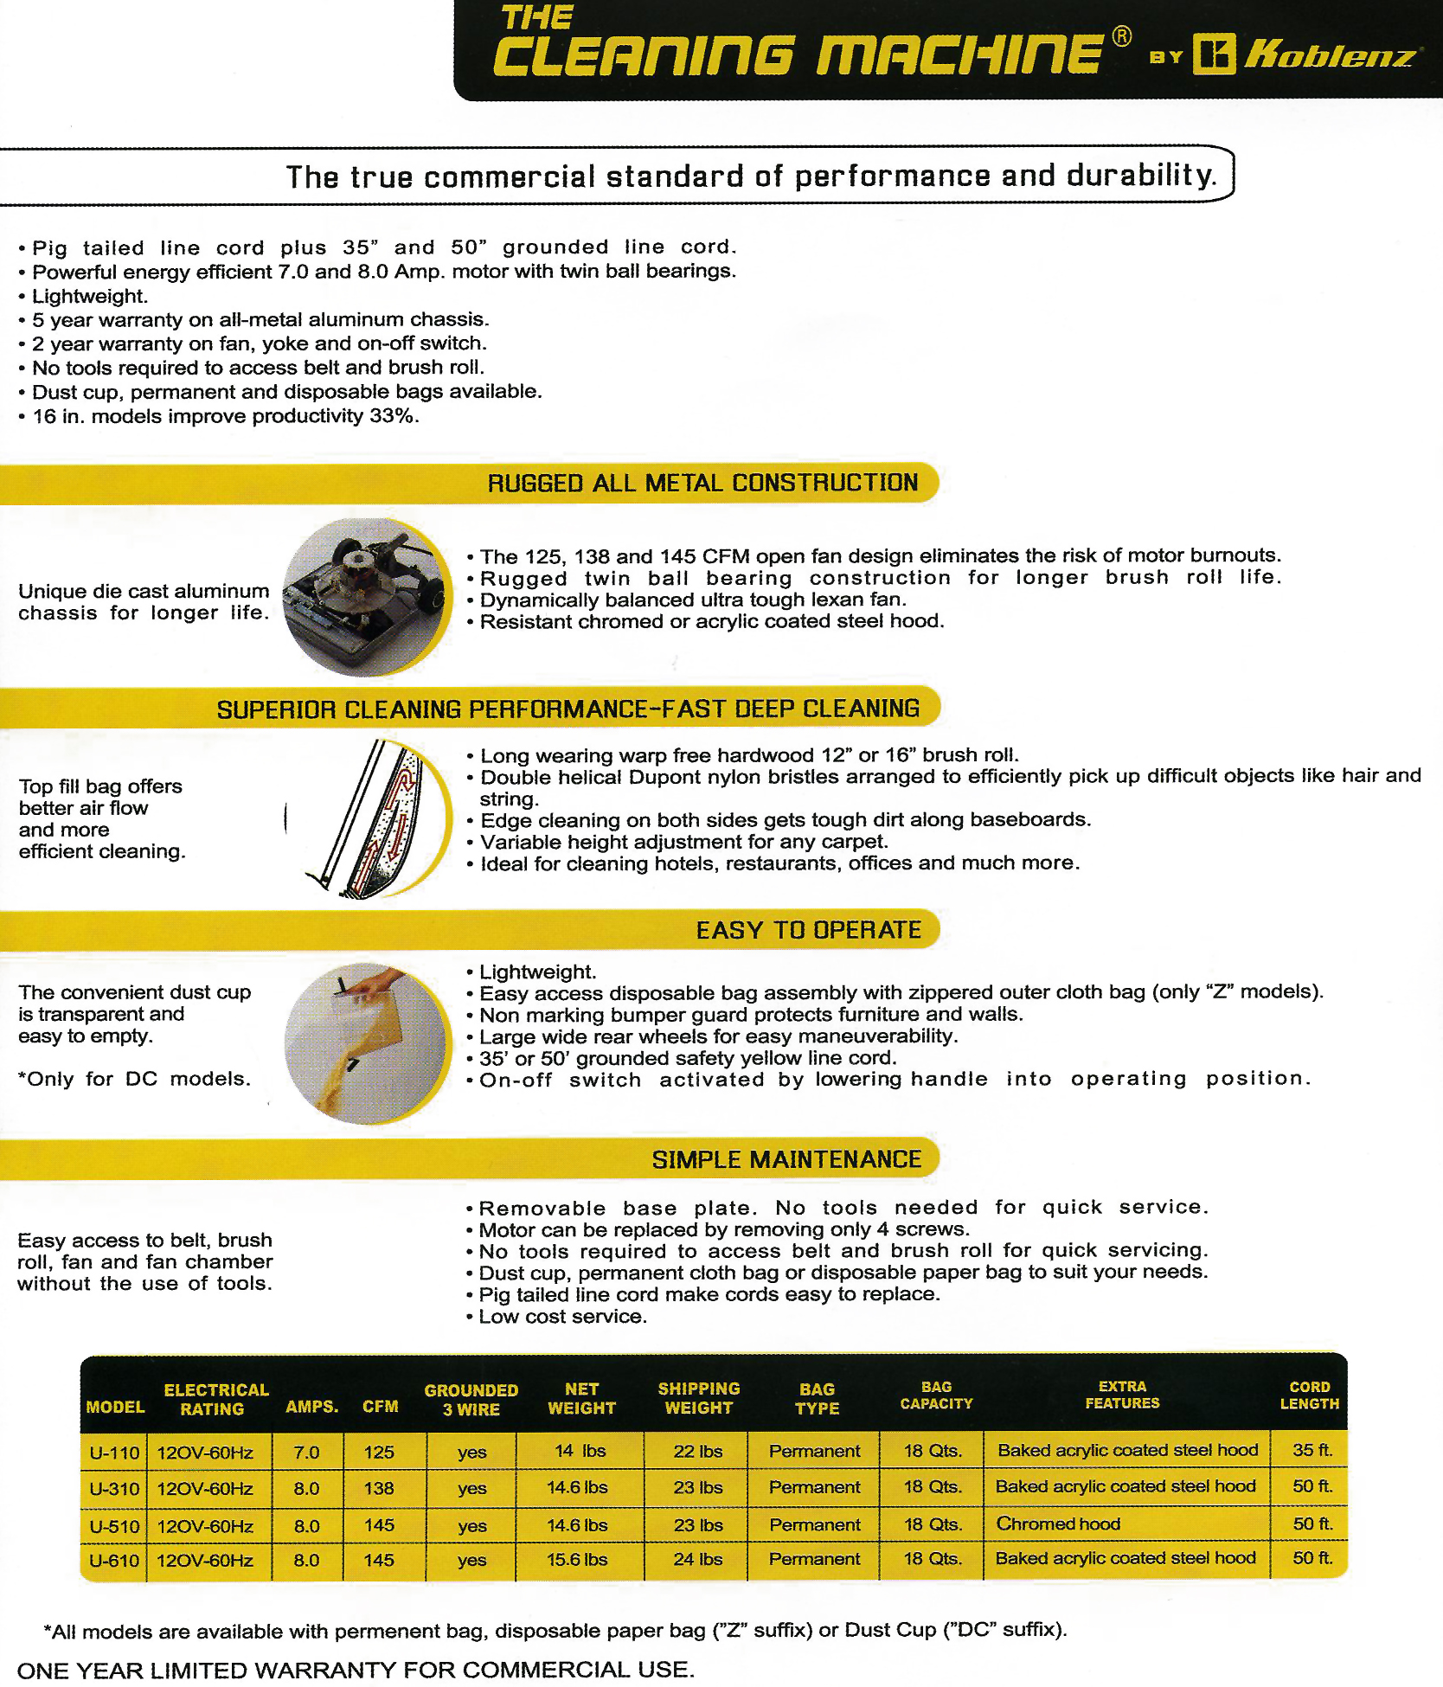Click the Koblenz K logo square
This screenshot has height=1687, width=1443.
pos(1214,55)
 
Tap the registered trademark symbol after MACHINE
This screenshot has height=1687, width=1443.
pos(1121,36)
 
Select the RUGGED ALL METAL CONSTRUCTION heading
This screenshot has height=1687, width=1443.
pos(702,483)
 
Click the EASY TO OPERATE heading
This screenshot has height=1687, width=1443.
pos(809,930)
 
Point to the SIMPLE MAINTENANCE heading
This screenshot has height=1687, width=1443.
pos(786,1159)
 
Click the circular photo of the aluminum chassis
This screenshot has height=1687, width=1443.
pos(368,597)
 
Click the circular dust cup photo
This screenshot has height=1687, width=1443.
pos(368,1043)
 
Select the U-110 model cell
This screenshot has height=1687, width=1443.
pos(114,1453)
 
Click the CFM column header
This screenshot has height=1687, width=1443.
pos(381,1406)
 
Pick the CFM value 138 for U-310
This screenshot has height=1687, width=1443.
pos(379,1488)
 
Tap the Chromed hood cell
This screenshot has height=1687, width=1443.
pos(1058,1523)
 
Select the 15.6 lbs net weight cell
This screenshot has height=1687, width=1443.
pos(577,1559)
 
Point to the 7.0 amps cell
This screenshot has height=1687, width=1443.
pos(306,1453)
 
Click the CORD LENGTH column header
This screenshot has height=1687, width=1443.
pos(1309,1395)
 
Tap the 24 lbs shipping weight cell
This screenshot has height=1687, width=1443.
pos(697,1559)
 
